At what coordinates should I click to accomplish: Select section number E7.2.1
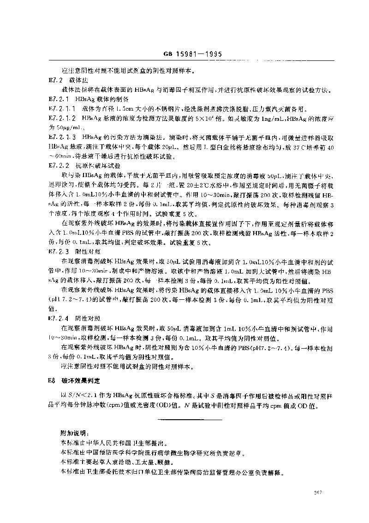(58, 99)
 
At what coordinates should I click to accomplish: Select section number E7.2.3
(58, 251)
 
